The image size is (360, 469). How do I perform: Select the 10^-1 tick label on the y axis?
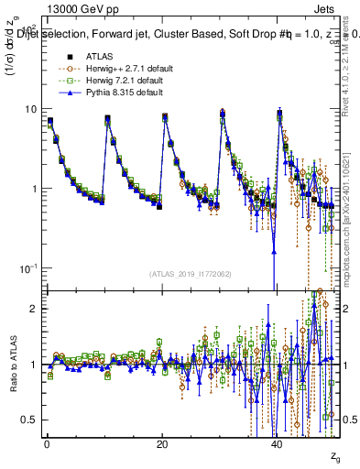click(x=27, y=267)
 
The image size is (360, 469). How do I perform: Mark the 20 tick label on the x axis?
click(x=162, y=444)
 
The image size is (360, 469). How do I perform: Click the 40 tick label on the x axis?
click(x=278, y=444)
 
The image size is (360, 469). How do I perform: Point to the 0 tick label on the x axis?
click(x=46, y=444)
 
